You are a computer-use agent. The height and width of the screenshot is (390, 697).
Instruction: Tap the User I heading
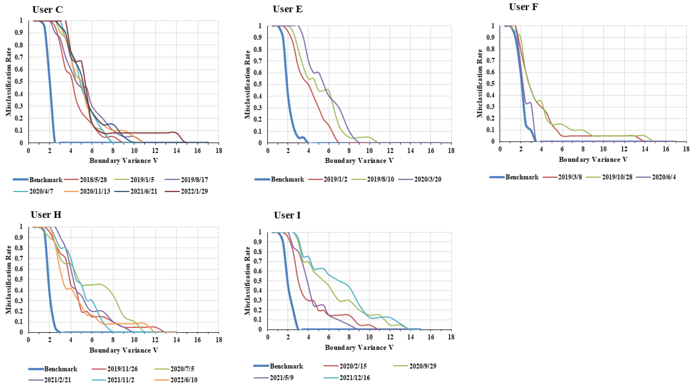(287, 215)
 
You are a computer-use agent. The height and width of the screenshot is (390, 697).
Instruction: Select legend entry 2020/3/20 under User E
(428, 179)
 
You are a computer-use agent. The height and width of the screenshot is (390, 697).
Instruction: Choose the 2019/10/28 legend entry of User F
(617, 177)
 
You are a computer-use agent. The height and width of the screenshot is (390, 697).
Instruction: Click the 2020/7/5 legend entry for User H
(182, 369)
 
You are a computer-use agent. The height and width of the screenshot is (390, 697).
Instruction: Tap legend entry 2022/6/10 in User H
(184, 380)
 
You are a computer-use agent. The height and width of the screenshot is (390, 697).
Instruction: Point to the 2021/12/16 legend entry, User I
(355, 378)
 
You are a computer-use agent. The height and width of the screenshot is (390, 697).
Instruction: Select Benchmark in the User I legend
(286, 366)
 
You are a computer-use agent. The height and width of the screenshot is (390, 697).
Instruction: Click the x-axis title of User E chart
(359, 161)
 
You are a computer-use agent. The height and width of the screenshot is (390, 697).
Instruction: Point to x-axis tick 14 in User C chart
(176, 151)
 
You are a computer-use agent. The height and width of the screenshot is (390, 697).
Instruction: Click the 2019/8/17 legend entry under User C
(194, 180)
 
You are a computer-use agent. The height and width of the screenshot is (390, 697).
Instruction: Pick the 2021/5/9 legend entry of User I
(281, 378)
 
